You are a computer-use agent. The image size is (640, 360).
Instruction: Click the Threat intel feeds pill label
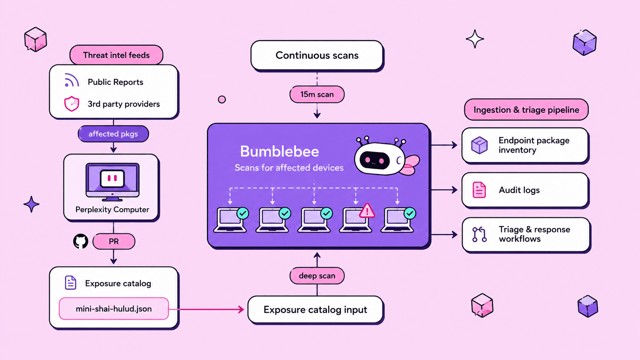click(x=116, y=55)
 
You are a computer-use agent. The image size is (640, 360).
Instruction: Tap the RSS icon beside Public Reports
click(x=72, y=80)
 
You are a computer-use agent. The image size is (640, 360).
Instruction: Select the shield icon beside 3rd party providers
click(x=72, y=103)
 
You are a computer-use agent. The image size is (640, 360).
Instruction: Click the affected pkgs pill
click(x=113, y=134)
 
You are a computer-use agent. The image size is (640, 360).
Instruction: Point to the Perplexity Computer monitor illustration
click(x=112, y=182)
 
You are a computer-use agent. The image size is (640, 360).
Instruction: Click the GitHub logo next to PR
click(x=80, y=241)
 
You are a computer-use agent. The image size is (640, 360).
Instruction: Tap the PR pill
click(x=114, y=241)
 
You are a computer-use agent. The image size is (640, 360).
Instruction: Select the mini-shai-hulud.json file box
click(x=114, y=309)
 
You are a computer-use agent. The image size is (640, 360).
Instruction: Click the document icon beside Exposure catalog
click(x=70, y=283)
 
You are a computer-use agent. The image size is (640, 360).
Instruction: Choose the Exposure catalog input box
click(x=315, y=310)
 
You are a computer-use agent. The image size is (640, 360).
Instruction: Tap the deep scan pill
click(x=317, y=275)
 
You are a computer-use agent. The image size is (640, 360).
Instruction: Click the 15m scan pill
click(x=317, y=94)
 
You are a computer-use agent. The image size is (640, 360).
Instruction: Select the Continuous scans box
click(x=317, y=55)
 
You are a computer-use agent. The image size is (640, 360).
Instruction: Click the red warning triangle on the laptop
click(x=367, y=211)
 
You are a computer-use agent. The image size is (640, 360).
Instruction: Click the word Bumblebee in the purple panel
click(x=279, y=151)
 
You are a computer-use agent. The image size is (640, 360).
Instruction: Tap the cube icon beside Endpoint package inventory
click(x=479, y=145)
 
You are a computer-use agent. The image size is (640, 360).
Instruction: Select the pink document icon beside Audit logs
click(x=479, y=190)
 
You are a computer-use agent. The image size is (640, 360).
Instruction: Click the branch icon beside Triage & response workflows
click(x=479, y=235)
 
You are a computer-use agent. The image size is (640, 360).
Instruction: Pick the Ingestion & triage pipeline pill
click(x=526, y=110)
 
